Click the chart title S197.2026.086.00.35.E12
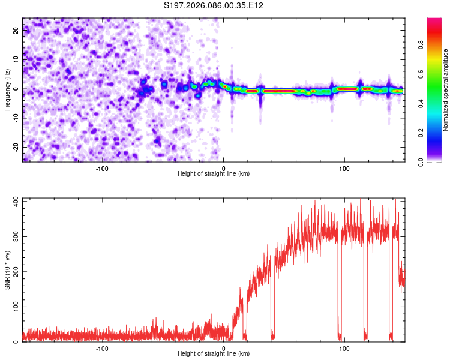[214, 5]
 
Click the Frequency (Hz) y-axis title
[7, 90]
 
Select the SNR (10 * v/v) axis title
[7, 269]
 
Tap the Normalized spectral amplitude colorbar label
[446, 90]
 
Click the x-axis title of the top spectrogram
[214, 173]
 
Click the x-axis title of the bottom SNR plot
[214, 353]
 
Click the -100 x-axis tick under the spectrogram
[102, 169]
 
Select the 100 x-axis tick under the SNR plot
[344, 349]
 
